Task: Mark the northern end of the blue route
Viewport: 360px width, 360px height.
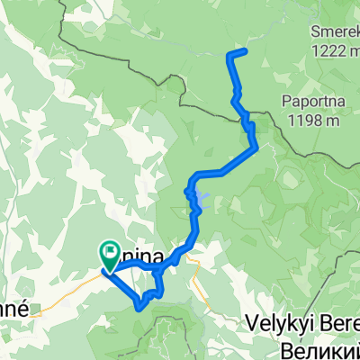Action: (246, 49)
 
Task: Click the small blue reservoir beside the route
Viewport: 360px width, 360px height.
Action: (204, 199)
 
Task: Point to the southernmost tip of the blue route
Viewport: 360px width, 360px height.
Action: (140, 307)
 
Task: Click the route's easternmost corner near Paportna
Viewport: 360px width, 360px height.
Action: (256, 144)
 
